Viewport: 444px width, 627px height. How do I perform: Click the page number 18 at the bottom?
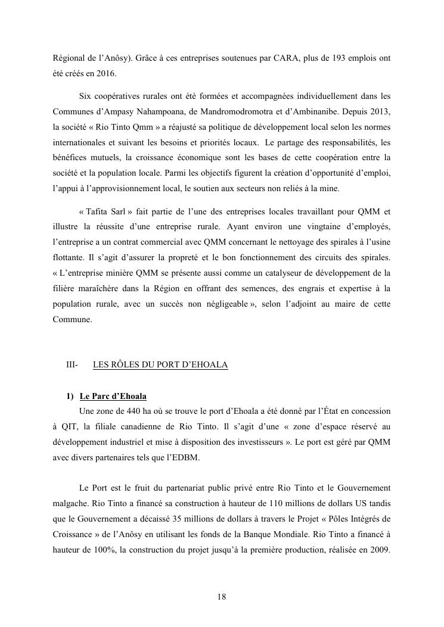(222, 597)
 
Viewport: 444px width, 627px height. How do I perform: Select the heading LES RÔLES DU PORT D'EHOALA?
(160, 364)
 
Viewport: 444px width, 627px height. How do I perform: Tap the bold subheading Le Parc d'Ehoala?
(113, 396)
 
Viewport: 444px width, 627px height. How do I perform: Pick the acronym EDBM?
(187, 457)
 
